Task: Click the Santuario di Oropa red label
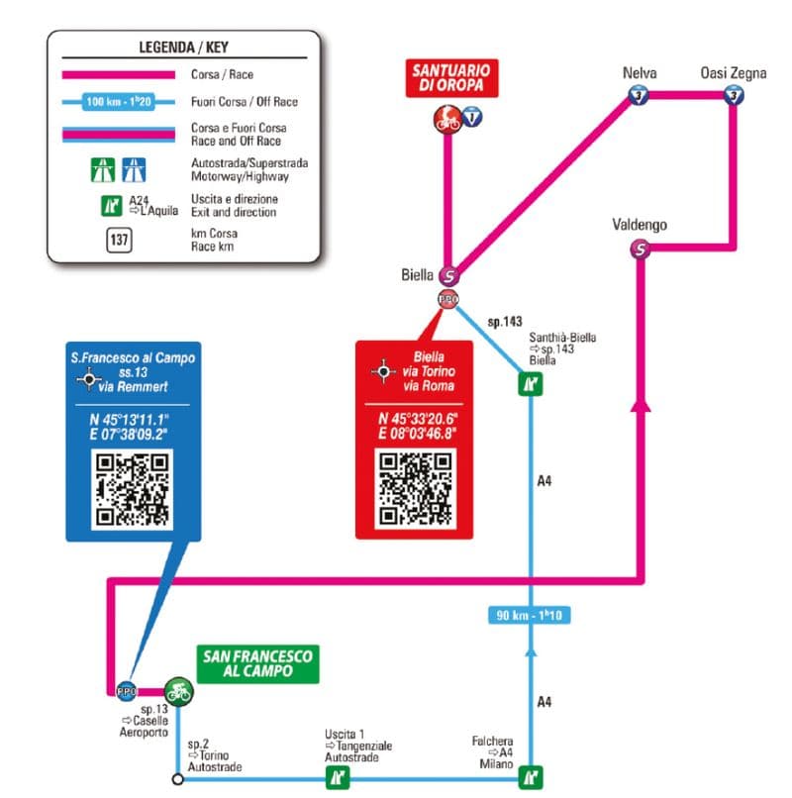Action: (450, 78)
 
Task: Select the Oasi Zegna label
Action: (733, 73)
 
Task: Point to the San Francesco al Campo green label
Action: (256, 663)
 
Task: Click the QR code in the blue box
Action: (132, 488)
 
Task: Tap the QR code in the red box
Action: (416, 488)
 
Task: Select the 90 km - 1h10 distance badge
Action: (531, 615)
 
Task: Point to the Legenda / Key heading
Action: (184, 48)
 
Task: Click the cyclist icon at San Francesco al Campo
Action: (179, 689)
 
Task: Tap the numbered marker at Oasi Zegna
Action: (733, 95)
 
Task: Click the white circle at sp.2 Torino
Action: (177, 778)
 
